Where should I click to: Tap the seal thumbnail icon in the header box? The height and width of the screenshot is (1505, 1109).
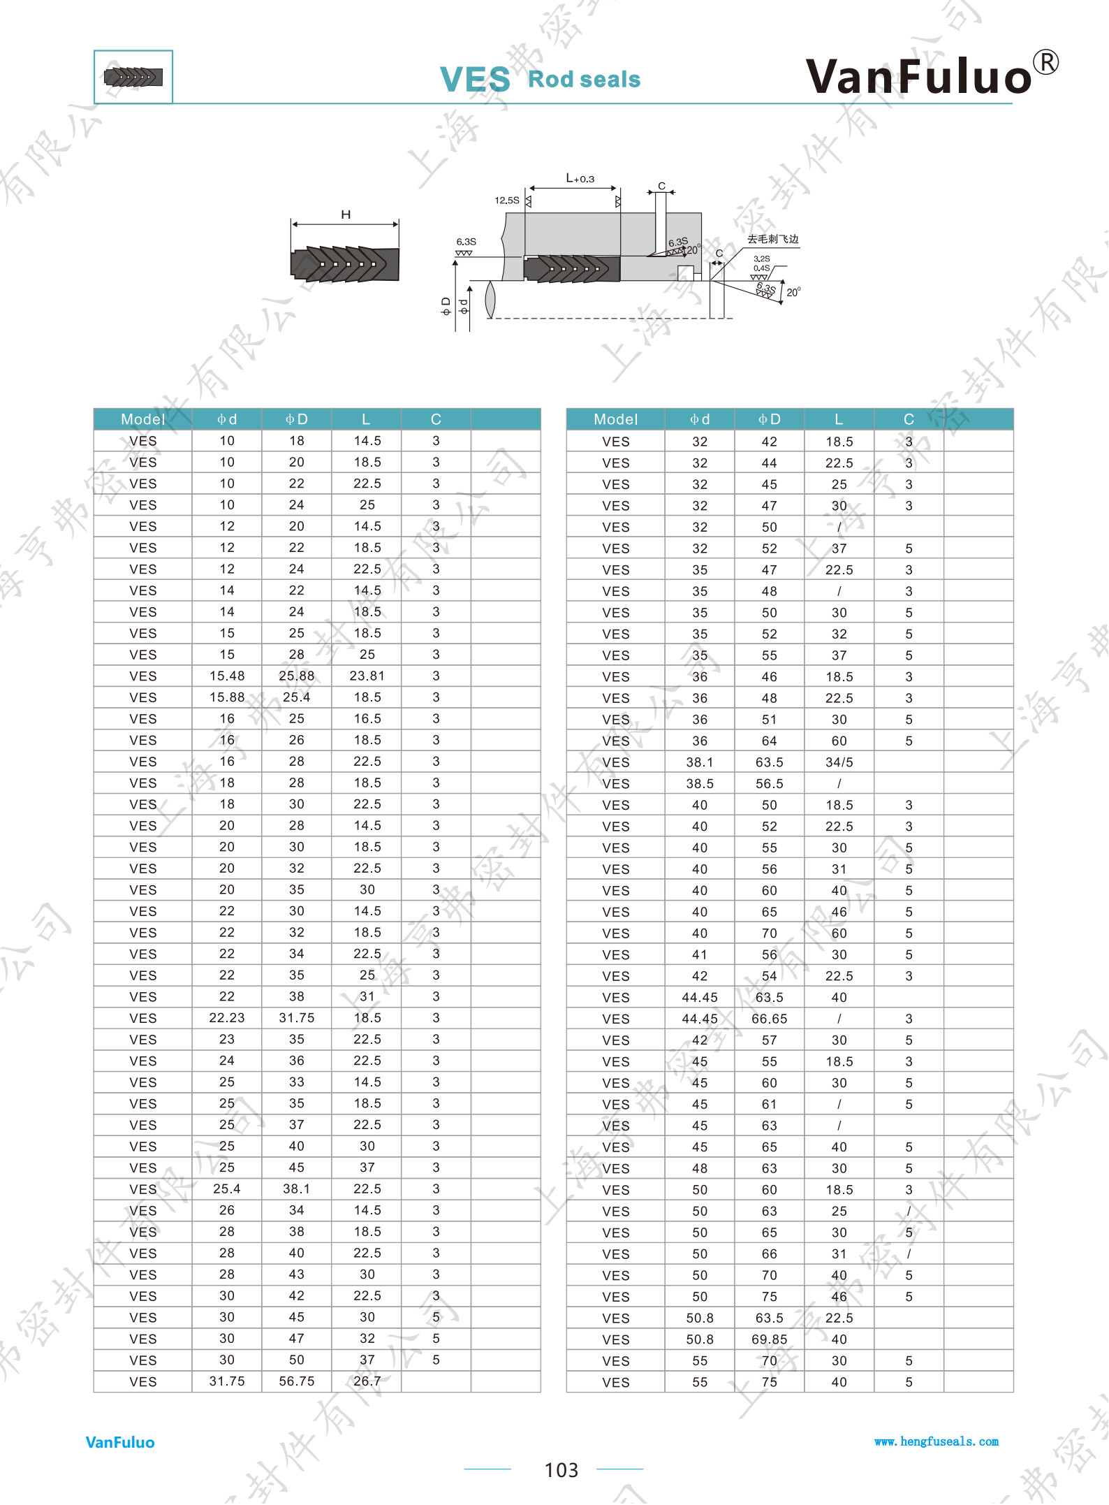(133, 77)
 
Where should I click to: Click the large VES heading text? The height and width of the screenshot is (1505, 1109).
(475, 80)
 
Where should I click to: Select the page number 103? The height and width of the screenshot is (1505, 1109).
(561, 1470)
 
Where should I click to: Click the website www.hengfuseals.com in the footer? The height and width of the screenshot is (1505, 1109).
(937, 1441)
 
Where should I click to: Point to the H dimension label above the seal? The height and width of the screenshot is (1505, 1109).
(346, 215)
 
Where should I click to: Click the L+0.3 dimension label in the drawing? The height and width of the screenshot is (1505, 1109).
(580, 178)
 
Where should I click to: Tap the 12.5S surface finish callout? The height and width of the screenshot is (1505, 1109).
(507, 201)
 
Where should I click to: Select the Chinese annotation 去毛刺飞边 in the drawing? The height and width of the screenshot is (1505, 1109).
(773, 239)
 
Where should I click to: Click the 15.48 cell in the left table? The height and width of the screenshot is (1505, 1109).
(227, 676)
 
